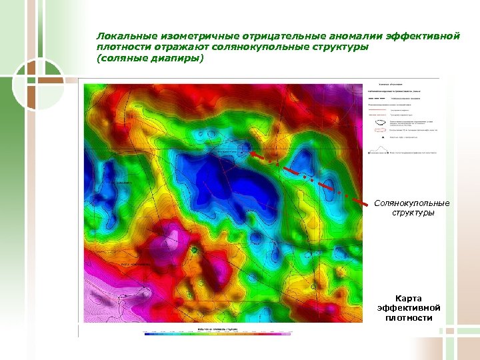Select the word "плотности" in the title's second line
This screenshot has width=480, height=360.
pos(121,47)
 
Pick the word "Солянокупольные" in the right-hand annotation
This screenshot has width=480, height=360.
pos(412,203)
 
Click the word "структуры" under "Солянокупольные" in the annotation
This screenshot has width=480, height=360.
pos(412,213)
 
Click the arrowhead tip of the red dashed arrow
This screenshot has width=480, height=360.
pos(251,152)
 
